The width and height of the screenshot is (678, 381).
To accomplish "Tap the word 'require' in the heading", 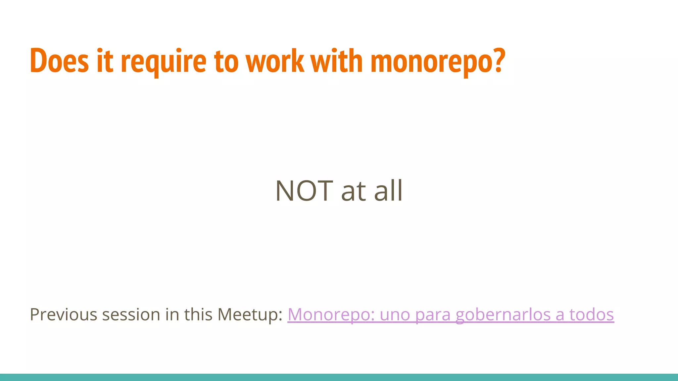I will pos(164,62).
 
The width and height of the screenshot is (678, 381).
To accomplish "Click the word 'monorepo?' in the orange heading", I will pos(438,62).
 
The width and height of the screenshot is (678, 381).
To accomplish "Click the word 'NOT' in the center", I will pos(304,190).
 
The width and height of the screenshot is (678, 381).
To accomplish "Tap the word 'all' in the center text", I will pos(388,190).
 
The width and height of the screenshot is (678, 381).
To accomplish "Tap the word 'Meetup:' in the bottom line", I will pos(250,315).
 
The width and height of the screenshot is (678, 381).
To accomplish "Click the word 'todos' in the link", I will pos(592,314).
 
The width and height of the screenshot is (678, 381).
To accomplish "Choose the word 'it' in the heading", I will pos(105,61).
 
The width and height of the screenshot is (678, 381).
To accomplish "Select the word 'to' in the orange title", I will pos(226,62).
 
